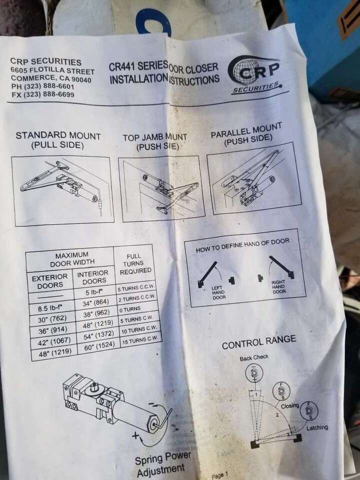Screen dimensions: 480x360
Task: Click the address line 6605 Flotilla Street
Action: (52, 70)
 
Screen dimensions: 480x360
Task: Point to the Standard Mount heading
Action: (58, 140)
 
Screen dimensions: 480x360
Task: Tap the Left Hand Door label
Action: (219, 290)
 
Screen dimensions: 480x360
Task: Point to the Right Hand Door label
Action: (278, 286)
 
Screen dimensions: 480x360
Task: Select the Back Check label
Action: (253, 357)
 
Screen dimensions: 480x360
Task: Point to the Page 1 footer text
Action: (219, 475)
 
